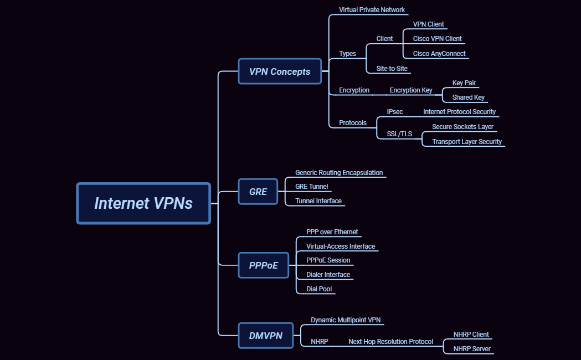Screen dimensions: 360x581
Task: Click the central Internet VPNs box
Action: (143, 203)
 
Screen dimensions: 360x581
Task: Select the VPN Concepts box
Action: (280, 71)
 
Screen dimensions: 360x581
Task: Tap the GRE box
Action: (258, 192)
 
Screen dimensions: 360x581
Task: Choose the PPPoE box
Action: (264, 265)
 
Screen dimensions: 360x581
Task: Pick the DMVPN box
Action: (266, 336)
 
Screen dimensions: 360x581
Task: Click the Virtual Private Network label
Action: (372, 10)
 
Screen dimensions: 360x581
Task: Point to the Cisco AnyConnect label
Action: (439, 54)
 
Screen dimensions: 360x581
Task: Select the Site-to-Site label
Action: (392, 69)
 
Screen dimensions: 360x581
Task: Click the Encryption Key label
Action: (410, 90)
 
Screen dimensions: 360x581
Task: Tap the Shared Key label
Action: (468, 97)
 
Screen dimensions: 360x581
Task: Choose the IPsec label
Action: (395, 112)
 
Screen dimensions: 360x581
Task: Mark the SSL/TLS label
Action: (399, 133)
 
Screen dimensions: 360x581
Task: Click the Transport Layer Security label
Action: (466, 142)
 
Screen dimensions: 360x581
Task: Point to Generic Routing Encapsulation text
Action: (339, 173)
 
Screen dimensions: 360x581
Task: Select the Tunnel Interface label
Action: (318, 201)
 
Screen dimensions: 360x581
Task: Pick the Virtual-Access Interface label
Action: (341, 246)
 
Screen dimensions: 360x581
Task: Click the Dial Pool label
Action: (319, 289)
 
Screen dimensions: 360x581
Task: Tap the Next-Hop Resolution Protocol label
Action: (390, 342)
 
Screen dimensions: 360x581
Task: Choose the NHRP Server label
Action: (472, 349)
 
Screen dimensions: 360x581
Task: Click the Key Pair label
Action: (464, 83)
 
